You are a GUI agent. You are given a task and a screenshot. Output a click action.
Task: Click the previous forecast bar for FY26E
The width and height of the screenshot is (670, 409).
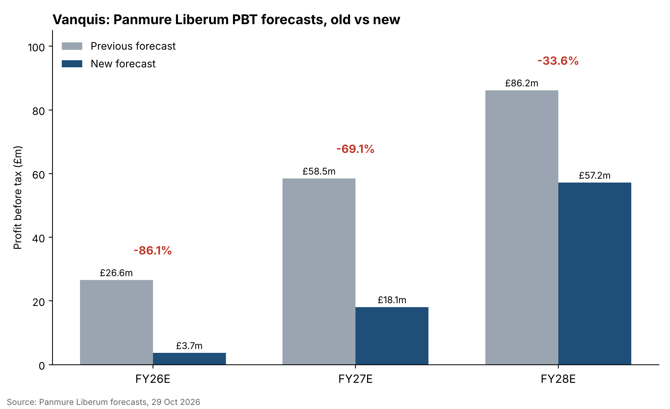tap(117, 322)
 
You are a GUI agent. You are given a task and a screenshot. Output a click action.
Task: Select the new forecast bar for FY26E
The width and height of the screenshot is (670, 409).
tap(189, 359)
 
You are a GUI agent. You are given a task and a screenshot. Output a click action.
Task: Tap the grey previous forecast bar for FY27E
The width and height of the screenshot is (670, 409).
tap(319, 271)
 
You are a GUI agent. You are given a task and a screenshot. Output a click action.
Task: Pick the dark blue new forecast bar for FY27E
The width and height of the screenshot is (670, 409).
tap(392, 336)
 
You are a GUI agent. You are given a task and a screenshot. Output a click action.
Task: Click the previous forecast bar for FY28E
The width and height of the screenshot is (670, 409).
tap(522, 228)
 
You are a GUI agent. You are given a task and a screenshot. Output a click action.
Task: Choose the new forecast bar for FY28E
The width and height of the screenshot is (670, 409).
tap(595, 274)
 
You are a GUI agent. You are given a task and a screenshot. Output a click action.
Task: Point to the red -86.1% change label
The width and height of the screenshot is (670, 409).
tap(153, 251)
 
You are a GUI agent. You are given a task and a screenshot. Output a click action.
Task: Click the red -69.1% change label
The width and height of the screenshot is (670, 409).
tap(355, 149)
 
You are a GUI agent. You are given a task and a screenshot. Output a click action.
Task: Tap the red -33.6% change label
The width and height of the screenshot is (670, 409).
tap(558, 61)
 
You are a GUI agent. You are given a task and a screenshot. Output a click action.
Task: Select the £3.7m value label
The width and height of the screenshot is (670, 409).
tap(189, 346)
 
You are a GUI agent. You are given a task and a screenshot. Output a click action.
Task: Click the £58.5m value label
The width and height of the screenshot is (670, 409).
tap(319, 171)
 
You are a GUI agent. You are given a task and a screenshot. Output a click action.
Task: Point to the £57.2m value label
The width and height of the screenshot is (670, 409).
tap(595, 175)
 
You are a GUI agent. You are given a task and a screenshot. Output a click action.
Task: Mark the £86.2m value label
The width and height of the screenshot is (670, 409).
tap(522, 83)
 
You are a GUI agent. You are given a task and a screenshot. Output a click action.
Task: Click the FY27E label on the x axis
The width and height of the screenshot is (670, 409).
tap(355, 379)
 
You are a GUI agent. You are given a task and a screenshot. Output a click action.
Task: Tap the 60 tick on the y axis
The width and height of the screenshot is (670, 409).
tap(39, 174)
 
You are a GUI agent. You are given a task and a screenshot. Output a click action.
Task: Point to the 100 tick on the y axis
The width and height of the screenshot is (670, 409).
tap(36, 47)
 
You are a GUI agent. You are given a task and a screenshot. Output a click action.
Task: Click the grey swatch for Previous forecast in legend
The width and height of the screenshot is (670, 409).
tap(72, 46)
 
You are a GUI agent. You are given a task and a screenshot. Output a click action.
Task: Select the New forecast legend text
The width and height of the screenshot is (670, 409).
tap(123, 64)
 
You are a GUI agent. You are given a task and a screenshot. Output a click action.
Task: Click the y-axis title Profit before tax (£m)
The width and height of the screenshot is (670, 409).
tap(18, 197)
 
